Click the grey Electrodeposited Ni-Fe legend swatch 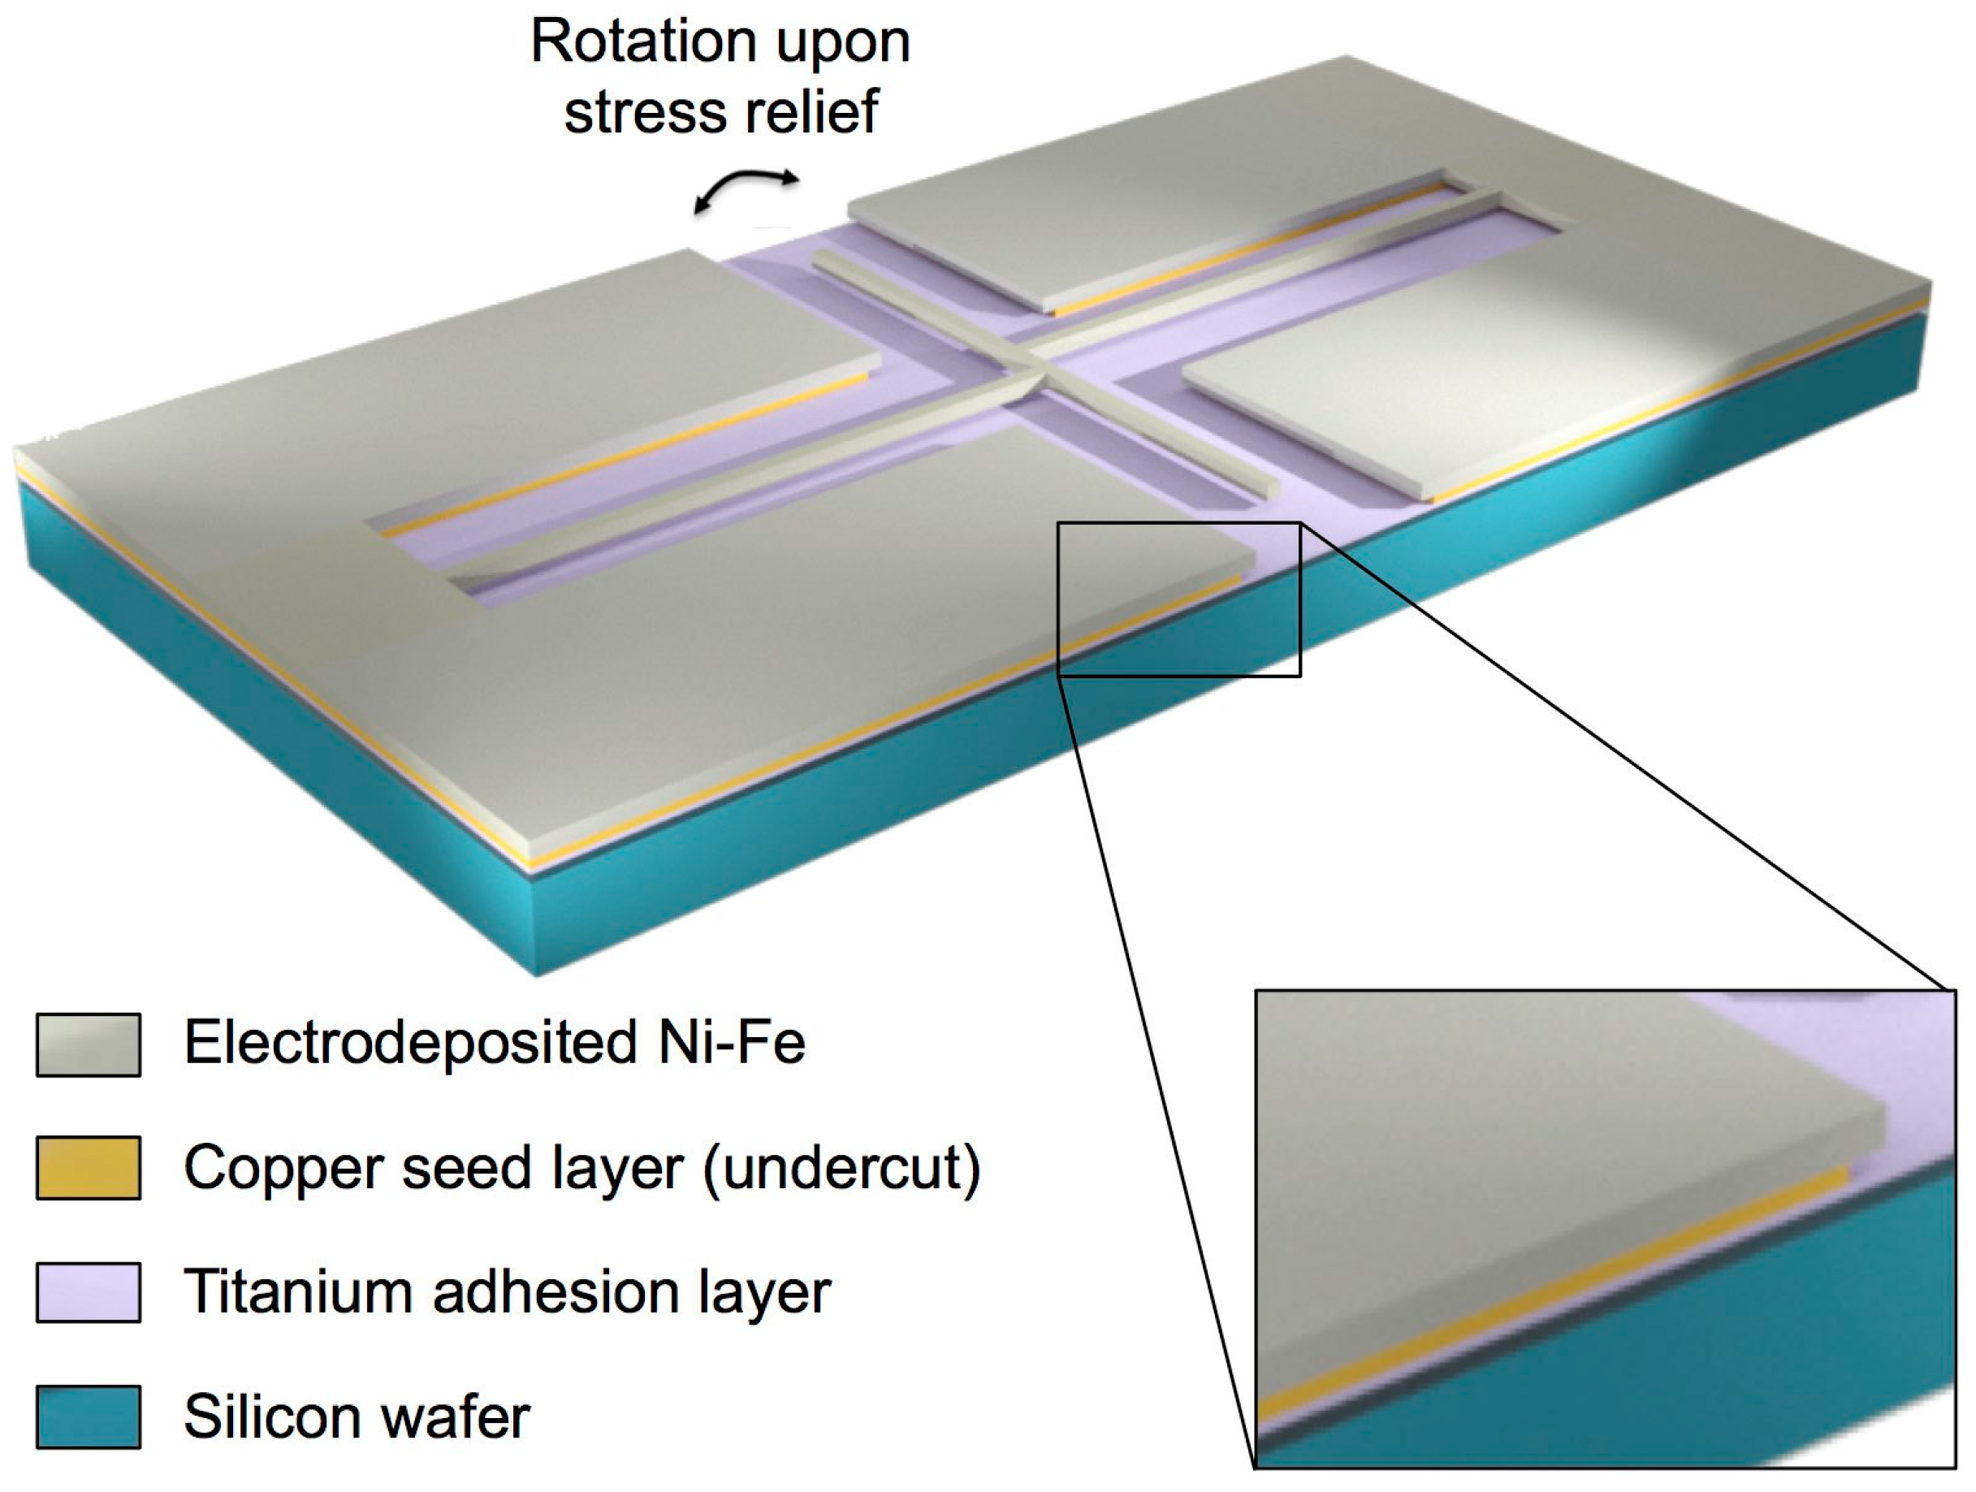tap(88, 1044)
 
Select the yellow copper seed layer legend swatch tap(88, 1167)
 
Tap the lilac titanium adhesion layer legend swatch tap(88, 1292)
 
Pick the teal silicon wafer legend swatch tap(88, 1416)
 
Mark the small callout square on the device tap(1178, 599)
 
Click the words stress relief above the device tap(722, 113)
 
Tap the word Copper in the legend tap(283, 1169)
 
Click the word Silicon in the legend tap(262, 1416)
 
